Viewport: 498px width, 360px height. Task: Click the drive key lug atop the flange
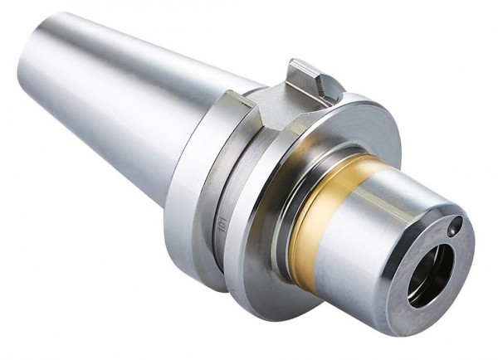[311, 80]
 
